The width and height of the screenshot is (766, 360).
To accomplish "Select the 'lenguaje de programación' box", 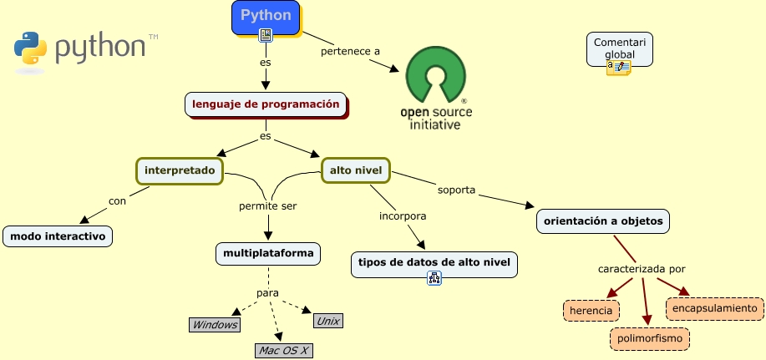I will click(x=266, y=104).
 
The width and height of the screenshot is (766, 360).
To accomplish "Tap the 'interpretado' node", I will click(x=180, y=170).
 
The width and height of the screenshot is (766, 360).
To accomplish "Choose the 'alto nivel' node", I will click(x=357, y=170).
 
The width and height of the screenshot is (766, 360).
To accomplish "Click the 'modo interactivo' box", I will click(x=58, y=236).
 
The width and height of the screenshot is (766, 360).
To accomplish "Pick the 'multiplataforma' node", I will click(x=267, y=252).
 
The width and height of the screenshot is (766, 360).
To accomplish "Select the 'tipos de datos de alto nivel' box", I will click(x=434, y=263).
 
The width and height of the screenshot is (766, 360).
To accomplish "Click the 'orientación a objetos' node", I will click(x=602, y=221).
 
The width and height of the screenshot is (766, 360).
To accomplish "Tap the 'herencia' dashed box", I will click(x=591, y=311).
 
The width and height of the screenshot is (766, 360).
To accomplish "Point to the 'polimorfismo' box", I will click(x=650, y=339).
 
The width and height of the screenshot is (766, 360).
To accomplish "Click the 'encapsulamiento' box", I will click(x=715, y=308).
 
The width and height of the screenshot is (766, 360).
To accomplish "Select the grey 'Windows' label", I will click(x=215, y=325).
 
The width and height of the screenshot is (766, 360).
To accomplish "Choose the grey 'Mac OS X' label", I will click(x=283, y=351).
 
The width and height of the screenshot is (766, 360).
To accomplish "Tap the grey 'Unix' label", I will click(x=327, y=321).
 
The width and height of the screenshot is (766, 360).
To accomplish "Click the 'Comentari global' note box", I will click(x=619, y=48).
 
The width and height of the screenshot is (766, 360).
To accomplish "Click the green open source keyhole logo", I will click(x=435, y=76).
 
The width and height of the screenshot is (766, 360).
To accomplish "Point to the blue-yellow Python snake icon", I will click(x=30, y=48).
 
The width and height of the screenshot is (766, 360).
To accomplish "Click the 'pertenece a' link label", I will click(x=350, y=52).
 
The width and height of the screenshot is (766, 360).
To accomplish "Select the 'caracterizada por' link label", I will click(x=641, y=269).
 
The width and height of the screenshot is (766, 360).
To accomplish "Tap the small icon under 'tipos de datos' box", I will click(x=434, y=280).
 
